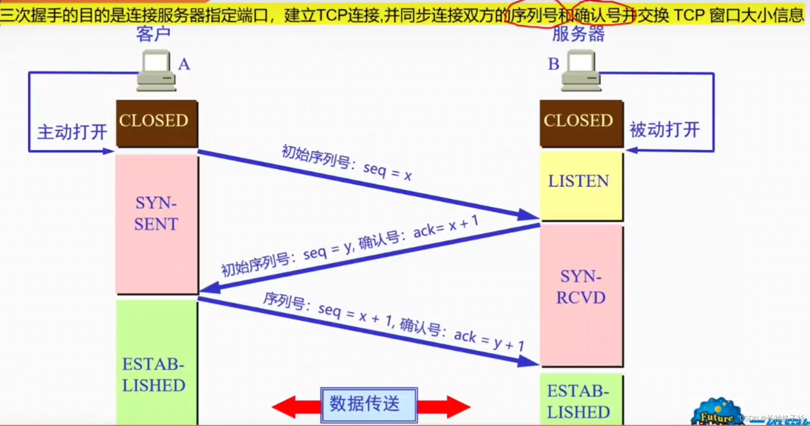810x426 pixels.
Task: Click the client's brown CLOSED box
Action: point(157,123)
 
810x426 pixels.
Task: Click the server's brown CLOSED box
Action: point(581,123)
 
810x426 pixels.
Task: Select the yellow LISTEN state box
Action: point(581,186)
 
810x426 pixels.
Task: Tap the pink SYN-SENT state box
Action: point(157,224)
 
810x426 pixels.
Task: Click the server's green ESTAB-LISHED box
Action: point(581,399)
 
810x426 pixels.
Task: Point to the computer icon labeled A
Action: point(156,71)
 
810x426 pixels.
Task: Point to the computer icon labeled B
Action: point(581,71)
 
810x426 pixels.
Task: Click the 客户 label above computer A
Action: point(153,34)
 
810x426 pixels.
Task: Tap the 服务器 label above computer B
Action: point(578,34)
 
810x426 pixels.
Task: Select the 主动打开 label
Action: point(72,132)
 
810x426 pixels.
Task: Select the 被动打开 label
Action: point(664,130)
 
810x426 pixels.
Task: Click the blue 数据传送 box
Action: point(369,405)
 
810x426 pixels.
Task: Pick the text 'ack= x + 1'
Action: point(446,227)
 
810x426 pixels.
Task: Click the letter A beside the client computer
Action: point(184,64)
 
